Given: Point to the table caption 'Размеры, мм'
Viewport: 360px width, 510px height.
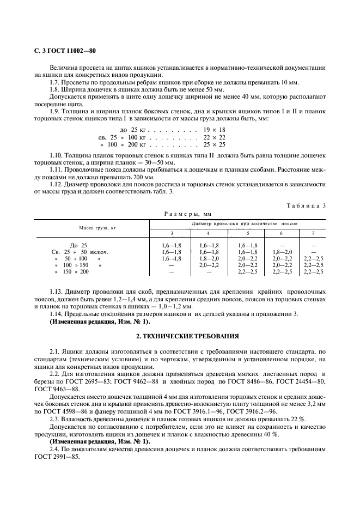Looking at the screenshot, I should (180, 215).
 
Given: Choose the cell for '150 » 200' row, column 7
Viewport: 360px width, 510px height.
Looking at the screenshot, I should (313, 271).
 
